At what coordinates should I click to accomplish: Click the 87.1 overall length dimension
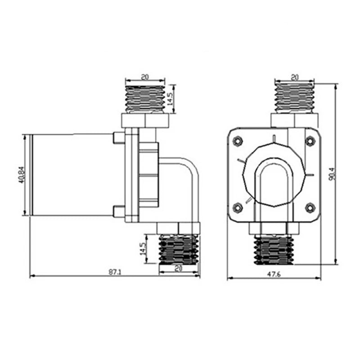115,272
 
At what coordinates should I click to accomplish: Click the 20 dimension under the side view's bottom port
179,269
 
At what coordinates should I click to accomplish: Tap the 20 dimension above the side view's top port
144,77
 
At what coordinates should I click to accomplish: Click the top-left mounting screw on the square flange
238,141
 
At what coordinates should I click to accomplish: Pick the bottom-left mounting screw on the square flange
238,207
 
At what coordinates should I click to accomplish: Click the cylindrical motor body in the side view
72,175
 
